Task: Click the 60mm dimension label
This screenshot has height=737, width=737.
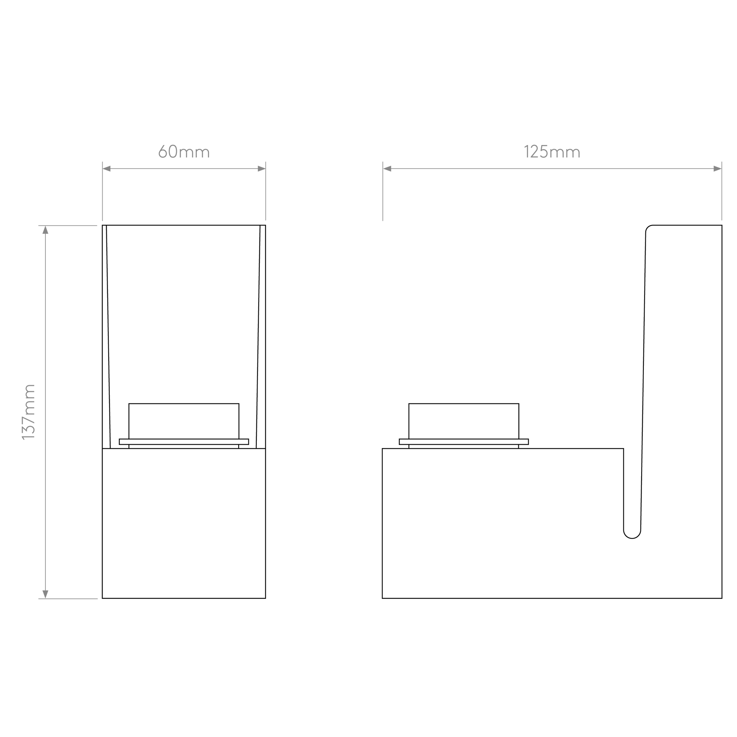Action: tap(184, 151)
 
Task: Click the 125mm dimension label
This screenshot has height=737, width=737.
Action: tap(552, 151)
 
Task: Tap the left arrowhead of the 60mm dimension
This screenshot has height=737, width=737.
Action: tap(106, 169)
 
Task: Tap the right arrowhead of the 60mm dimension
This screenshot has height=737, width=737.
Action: tap(262, 169)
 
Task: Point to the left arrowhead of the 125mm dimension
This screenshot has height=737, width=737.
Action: tap(387, 169)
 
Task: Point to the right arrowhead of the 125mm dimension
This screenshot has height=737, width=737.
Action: tap(718, 169)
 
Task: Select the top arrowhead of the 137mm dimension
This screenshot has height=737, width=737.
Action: tap(45, 230)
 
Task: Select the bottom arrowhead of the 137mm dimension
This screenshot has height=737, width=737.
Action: tap(45, 594)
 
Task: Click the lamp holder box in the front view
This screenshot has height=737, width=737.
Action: tap(184, 421)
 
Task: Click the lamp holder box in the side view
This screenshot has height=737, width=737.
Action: tap(464, 421)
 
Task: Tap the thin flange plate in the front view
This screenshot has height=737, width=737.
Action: tap(184, 442)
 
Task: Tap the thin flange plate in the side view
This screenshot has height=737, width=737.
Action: tap(464, 442)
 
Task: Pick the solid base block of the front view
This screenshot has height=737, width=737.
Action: tap(184, 523)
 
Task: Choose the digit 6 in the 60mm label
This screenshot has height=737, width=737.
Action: tap(163, 151)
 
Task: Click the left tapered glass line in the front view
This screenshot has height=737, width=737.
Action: tap(108, 337)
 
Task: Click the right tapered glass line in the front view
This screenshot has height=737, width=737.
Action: tap(258, 337)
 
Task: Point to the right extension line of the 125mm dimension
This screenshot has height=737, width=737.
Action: tap(722, 191)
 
